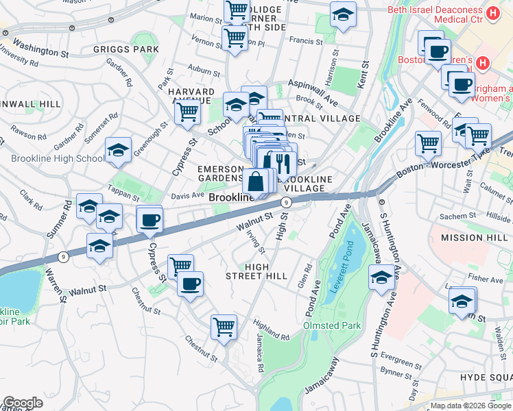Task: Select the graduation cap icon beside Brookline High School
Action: point(118,151)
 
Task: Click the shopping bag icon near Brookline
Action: point(255,182)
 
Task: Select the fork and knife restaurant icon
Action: point(282,162)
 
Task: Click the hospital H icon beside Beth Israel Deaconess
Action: point(492,13)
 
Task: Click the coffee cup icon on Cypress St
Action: point(149,220)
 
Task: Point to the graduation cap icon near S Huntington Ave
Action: point(381,278)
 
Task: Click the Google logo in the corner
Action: point(23,403)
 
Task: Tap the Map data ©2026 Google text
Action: point(470,406)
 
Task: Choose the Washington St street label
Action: point(40,49)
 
